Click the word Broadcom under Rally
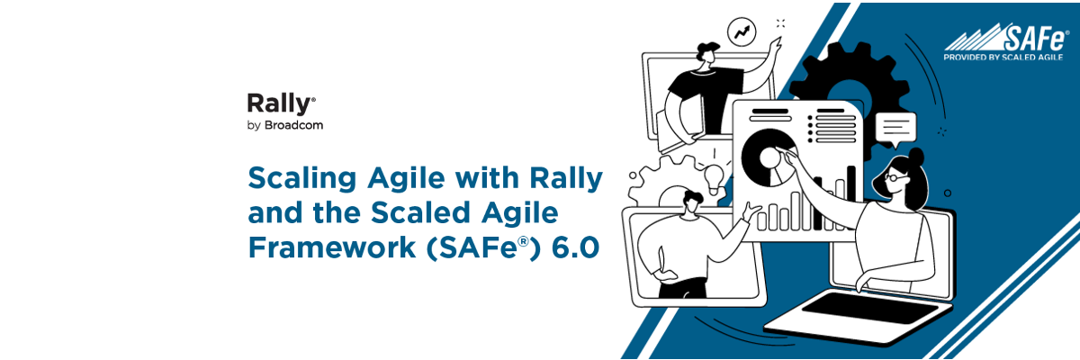[293, 126]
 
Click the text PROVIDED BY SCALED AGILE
[1002, 57]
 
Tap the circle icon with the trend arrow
[743, 32]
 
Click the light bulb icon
[715, 175]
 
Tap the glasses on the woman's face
[892, 177]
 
